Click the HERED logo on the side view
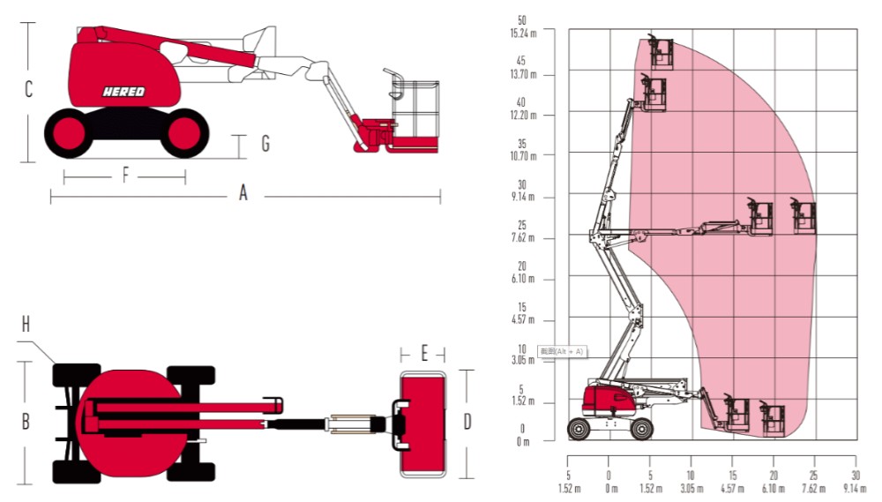point(123,91)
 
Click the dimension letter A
point(243,194)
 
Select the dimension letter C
point(28,90)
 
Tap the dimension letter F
point(125,176)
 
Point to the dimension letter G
point(265,143)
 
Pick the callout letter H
point(26,324)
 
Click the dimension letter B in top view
point(26,422)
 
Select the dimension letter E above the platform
point(424,354)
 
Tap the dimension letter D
point(467,422)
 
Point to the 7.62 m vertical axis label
point(524,238)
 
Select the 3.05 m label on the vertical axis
point(524,361)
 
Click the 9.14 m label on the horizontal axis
point(855,488)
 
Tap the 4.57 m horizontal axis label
point(732,488)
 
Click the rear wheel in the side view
point(68,132)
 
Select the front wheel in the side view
point(183,132)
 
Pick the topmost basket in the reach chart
point(661,52)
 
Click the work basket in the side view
point(412,110)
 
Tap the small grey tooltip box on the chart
point(562,351)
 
